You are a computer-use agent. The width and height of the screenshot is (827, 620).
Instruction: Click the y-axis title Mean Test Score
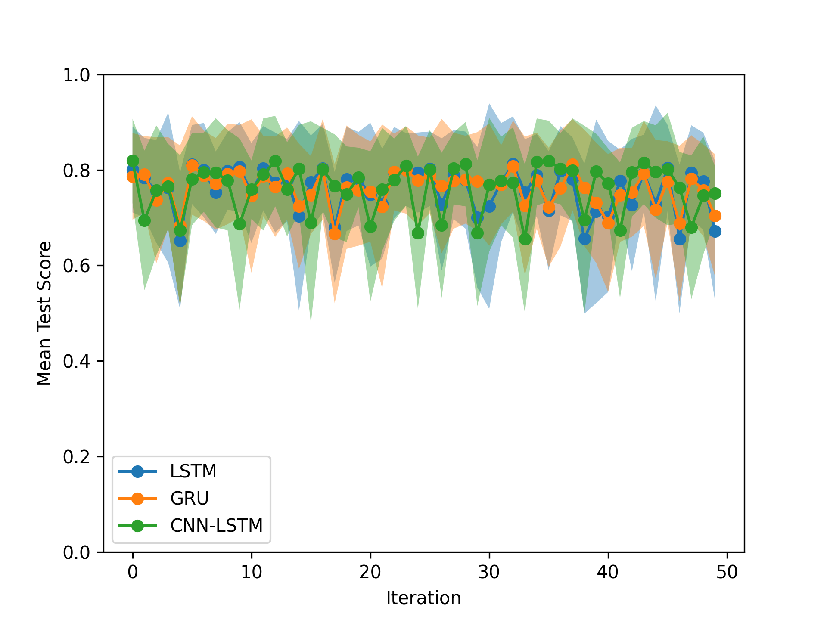click(x=44, y=313)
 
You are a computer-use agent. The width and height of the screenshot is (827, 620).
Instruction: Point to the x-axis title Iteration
click(x=423, y=598)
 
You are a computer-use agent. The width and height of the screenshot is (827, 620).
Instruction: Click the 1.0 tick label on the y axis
click(x=77, y=75)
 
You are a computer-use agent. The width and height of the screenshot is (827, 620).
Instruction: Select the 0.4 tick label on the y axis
click(x=77, y=361)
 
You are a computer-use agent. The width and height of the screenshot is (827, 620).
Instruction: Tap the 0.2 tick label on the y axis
click(x=77, y=457)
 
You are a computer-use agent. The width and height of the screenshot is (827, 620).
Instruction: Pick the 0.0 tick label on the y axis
click(x=77, y=552)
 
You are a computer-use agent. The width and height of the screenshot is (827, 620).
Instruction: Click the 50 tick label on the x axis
click(x=727, y=572)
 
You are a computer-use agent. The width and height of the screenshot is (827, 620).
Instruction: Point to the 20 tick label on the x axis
click(x=370, y=572)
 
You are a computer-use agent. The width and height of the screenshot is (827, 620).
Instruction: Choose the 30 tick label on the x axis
click(x=489, y=572)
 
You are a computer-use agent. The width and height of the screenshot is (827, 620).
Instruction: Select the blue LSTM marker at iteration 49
click(x=715, y=232)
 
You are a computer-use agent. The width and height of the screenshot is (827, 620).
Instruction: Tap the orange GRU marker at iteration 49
click(x=715, y=216)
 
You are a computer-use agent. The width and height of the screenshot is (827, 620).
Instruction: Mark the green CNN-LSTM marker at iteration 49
click(x=715, y=193)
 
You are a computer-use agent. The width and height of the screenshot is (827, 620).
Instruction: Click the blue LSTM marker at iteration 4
click(x=180, y=241)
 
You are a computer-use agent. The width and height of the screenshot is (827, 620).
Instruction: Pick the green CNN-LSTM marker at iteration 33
click(x=525, y=239)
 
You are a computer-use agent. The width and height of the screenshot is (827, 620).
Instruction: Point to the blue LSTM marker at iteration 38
click(x=584, y=239)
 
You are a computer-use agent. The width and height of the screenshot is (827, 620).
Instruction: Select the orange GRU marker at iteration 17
click(x=335, y=234)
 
